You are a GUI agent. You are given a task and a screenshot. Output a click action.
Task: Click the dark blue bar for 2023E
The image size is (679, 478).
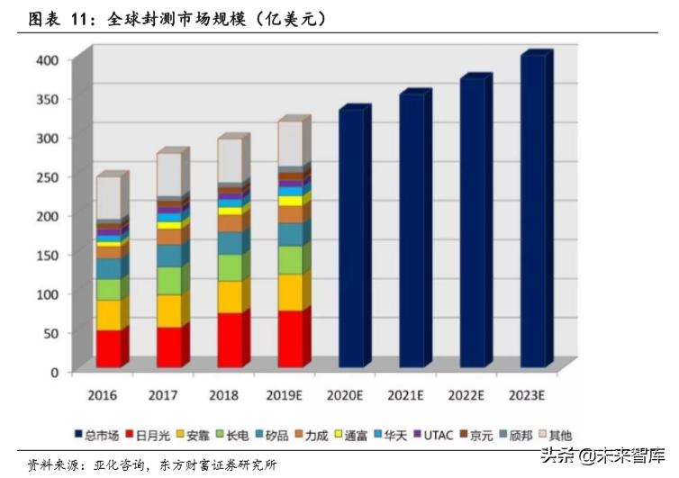pyautogui.click(x=533, y=212)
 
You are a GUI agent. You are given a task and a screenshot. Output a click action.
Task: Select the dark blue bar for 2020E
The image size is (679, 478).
pyautogui.click(x=351, y=239)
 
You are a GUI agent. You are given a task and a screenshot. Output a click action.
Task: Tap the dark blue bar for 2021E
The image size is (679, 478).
pyautogui.click(x=412, y=230)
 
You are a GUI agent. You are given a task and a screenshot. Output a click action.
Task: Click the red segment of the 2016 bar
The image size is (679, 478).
pyautogui.click(x=109, y=348)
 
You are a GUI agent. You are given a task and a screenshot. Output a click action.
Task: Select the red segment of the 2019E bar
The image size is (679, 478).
pyautogui.click(x=290, y=338)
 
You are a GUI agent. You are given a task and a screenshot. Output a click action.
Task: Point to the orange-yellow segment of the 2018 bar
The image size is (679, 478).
pyautogui.click(x=230, y=296)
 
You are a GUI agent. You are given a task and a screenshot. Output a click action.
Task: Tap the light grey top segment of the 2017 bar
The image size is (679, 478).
pyautogui.click(x=169, y=176)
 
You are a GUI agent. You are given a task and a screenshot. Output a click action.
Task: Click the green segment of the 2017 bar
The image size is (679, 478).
pyautogui.click(x=169, y=281)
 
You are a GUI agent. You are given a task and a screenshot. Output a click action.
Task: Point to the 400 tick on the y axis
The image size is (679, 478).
pyautogui.click(x=48, y=59)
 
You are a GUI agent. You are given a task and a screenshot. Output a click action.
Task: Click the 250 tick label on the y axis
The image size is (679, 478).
pyautogui.click(x=48, y=176)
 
